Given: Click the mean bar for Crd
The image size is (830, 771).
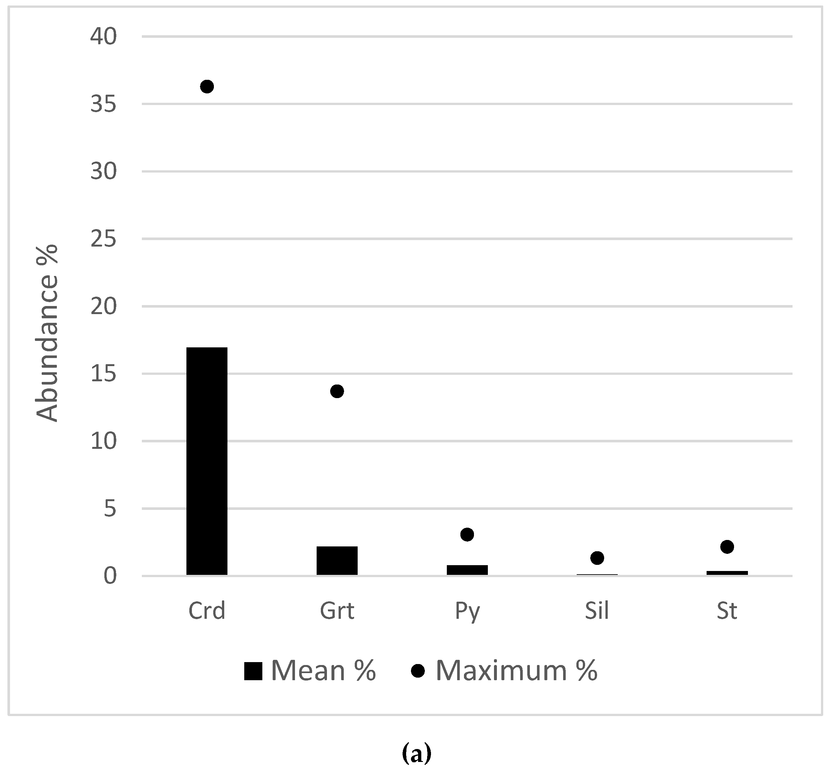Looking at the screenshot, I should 207,461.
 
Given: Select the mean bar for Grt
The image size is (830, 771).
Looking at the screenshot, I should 337,561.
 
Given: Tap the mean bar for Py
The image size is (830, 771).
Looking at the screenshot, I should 467,570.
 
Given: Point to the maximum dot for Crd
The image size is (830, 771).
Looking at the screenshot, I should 207,87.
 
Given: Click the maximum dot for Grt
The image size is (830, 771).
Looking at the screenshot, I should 337,391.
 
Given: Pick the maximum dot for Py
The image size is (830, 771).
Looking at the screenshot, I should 467,534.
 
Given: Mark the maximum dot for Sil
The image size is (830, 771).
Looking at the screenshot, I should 597,558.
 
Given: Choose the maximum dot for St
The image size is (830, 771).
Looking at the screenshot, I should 727,546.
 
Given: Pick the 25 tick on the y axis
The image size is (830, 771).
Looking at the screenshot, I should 103,239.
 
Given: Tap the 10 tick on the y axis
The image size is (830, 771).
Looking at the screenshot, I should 103,441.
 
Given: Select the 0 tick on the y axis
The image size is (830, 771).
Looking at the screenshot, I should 110,576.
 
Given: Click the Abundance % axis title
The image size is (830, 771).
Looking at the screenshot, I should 47,333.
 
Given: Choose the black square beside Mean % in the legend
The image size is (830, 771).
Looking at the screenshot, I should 253,671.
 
